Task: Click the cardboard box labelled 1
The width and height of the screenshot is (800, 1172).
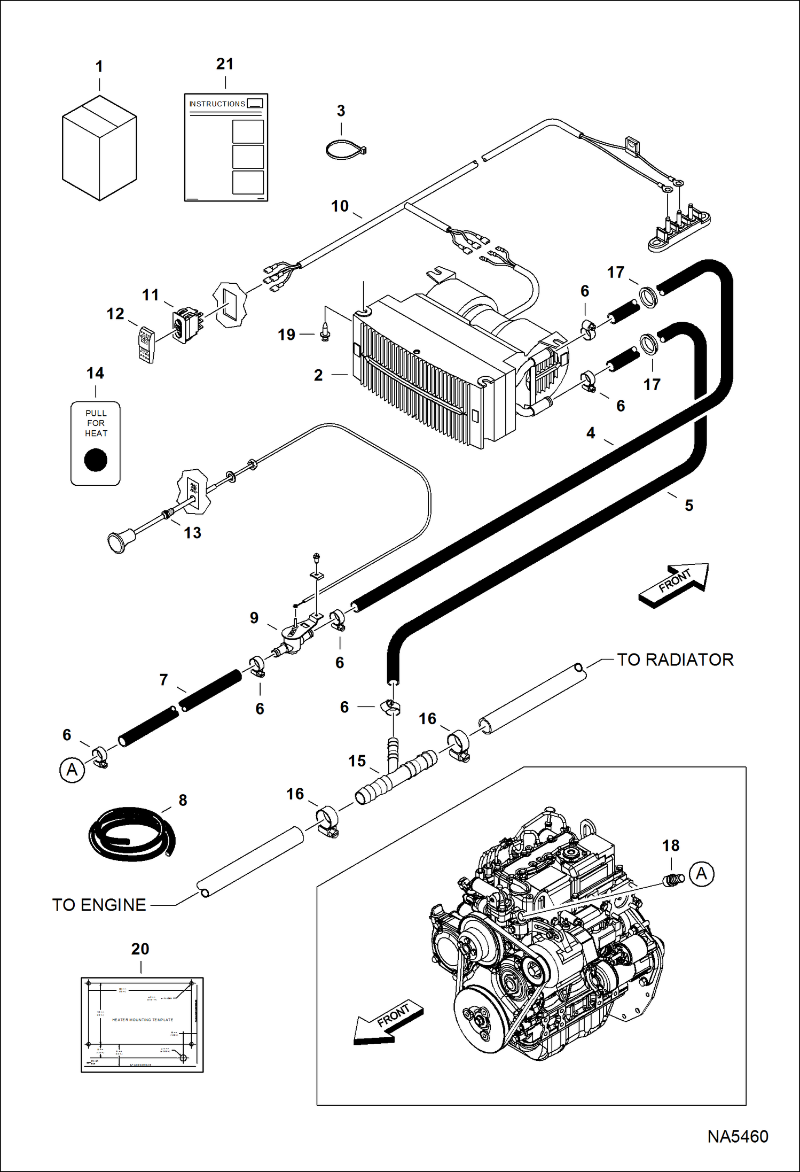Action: click(99, 149)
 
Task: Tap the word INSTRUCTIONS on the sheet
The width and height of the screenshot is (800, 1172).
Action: click(217, 104)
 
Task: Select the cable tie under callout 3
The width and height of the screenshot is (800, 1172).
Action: click(344, 150)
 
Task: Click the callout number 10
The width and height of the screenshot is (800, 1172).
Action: click(340, 206)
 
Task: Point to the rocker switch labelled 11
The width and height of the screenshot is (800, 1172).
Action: click(185, 325)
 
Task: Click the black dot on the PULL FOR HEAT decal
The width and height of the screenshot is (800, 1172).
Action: click(96, 460)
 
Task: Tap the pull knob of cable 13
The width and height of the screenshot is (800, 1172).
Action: click(117, 541)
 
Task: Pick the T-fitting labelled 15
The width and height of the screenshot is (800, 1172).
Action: click(396, 775)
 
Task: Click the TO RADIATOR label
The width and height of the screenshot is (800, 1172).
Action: click(675, 659)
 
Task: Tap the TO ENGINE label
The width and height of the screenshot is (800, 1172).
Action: click(99, 905)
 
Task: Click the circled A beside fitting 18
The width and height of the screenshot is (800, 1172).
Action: click(701, 874)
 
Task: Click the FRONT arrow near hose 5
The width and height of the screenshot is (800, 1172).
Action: click(673, 585)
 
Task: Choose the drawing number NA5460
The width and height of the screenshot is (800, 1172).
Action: click(738, 1137)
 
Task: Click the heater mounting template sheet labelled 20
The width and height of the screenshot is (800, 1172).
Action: click(142, 1024)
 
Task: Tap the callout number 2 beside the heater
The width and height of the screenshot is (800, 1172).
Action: click(318, 375)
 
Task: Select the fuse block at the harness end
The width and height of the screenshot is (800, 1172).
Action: click(679, 230)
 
